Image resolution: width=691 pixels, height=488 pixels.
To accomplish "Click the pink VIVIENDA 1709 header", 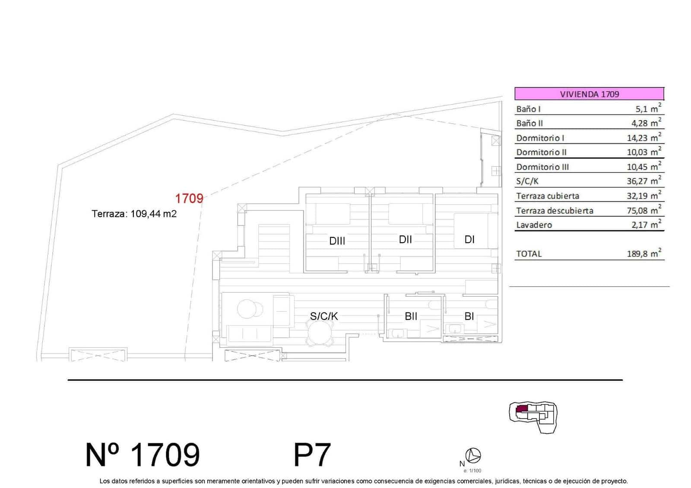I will [589, 94].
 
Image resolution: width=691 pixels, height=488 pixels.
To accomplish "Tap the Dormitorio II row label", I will [541, 152].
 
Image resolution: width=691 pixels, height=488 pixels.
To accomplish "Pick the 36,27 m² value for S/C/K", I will [643, 181].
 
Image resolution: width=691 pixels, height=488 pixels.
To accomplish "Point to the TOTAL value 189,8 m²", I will [643, 254].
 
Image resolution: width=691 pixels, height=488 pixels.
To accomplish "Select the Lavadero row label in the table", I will [534, 225].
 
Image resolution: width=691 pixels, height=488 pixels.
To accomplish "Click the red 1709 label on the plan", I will [189, 198].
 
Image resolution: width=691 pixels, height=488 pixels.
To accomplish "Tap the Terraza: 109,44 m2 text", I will [134, 213].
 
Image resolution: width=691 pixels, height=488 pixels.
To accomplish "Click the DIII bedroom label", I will [337, 241].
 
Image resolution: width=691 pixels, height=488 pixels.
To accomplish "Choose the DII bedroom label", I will [405, 239].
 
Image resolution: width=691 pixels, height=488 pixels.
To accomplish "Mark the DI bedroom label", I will [469, 239].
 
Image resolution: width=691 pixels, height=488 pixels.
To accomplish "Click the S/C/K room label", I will [324, 316].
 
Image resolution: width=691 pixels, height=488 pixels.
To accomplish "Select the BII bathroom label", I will [411, 316].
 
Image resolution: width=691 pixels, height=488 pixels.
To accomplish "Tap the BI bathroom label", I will [469, 316].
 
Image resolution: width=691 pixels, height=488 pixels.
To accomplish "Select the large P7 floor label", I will [312, 454].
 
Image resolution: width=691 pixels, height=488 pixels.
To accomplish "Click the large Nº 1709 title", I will [143, 454].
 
